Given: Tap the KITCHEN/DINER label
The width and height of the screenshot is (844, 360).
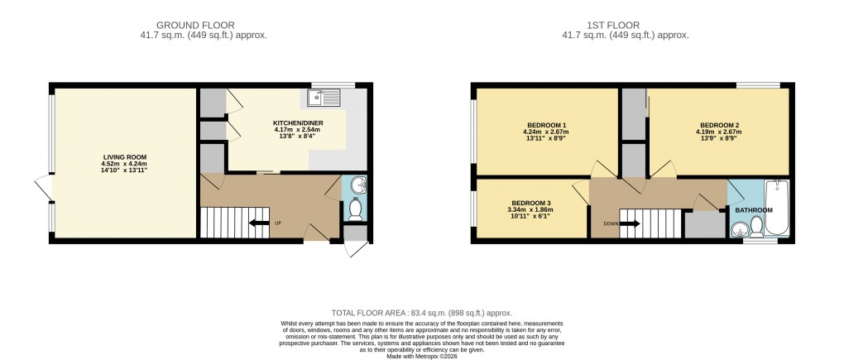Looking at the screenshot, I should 298,123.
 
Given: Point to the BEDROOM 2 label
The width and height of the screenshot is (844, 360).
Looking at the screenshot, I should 719,126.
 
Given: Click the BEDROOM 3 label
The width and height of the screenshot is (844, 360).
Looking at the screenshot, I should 531,203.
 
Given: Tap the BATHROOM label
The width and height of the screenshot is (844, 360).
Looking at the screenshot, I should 754,210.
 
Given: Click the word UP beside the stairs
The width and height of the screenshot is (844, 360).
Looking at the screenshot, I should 278,222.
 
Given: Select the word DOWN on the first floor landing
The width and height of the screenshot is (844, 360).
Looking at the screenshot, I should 609,223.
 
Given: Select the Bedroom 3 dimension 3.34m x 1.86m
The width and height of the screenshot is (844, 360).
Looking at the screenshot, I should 531,210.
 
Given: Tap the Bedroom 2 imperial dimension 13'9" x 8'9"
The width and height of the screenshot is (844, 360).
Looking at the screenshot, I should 719,140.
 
